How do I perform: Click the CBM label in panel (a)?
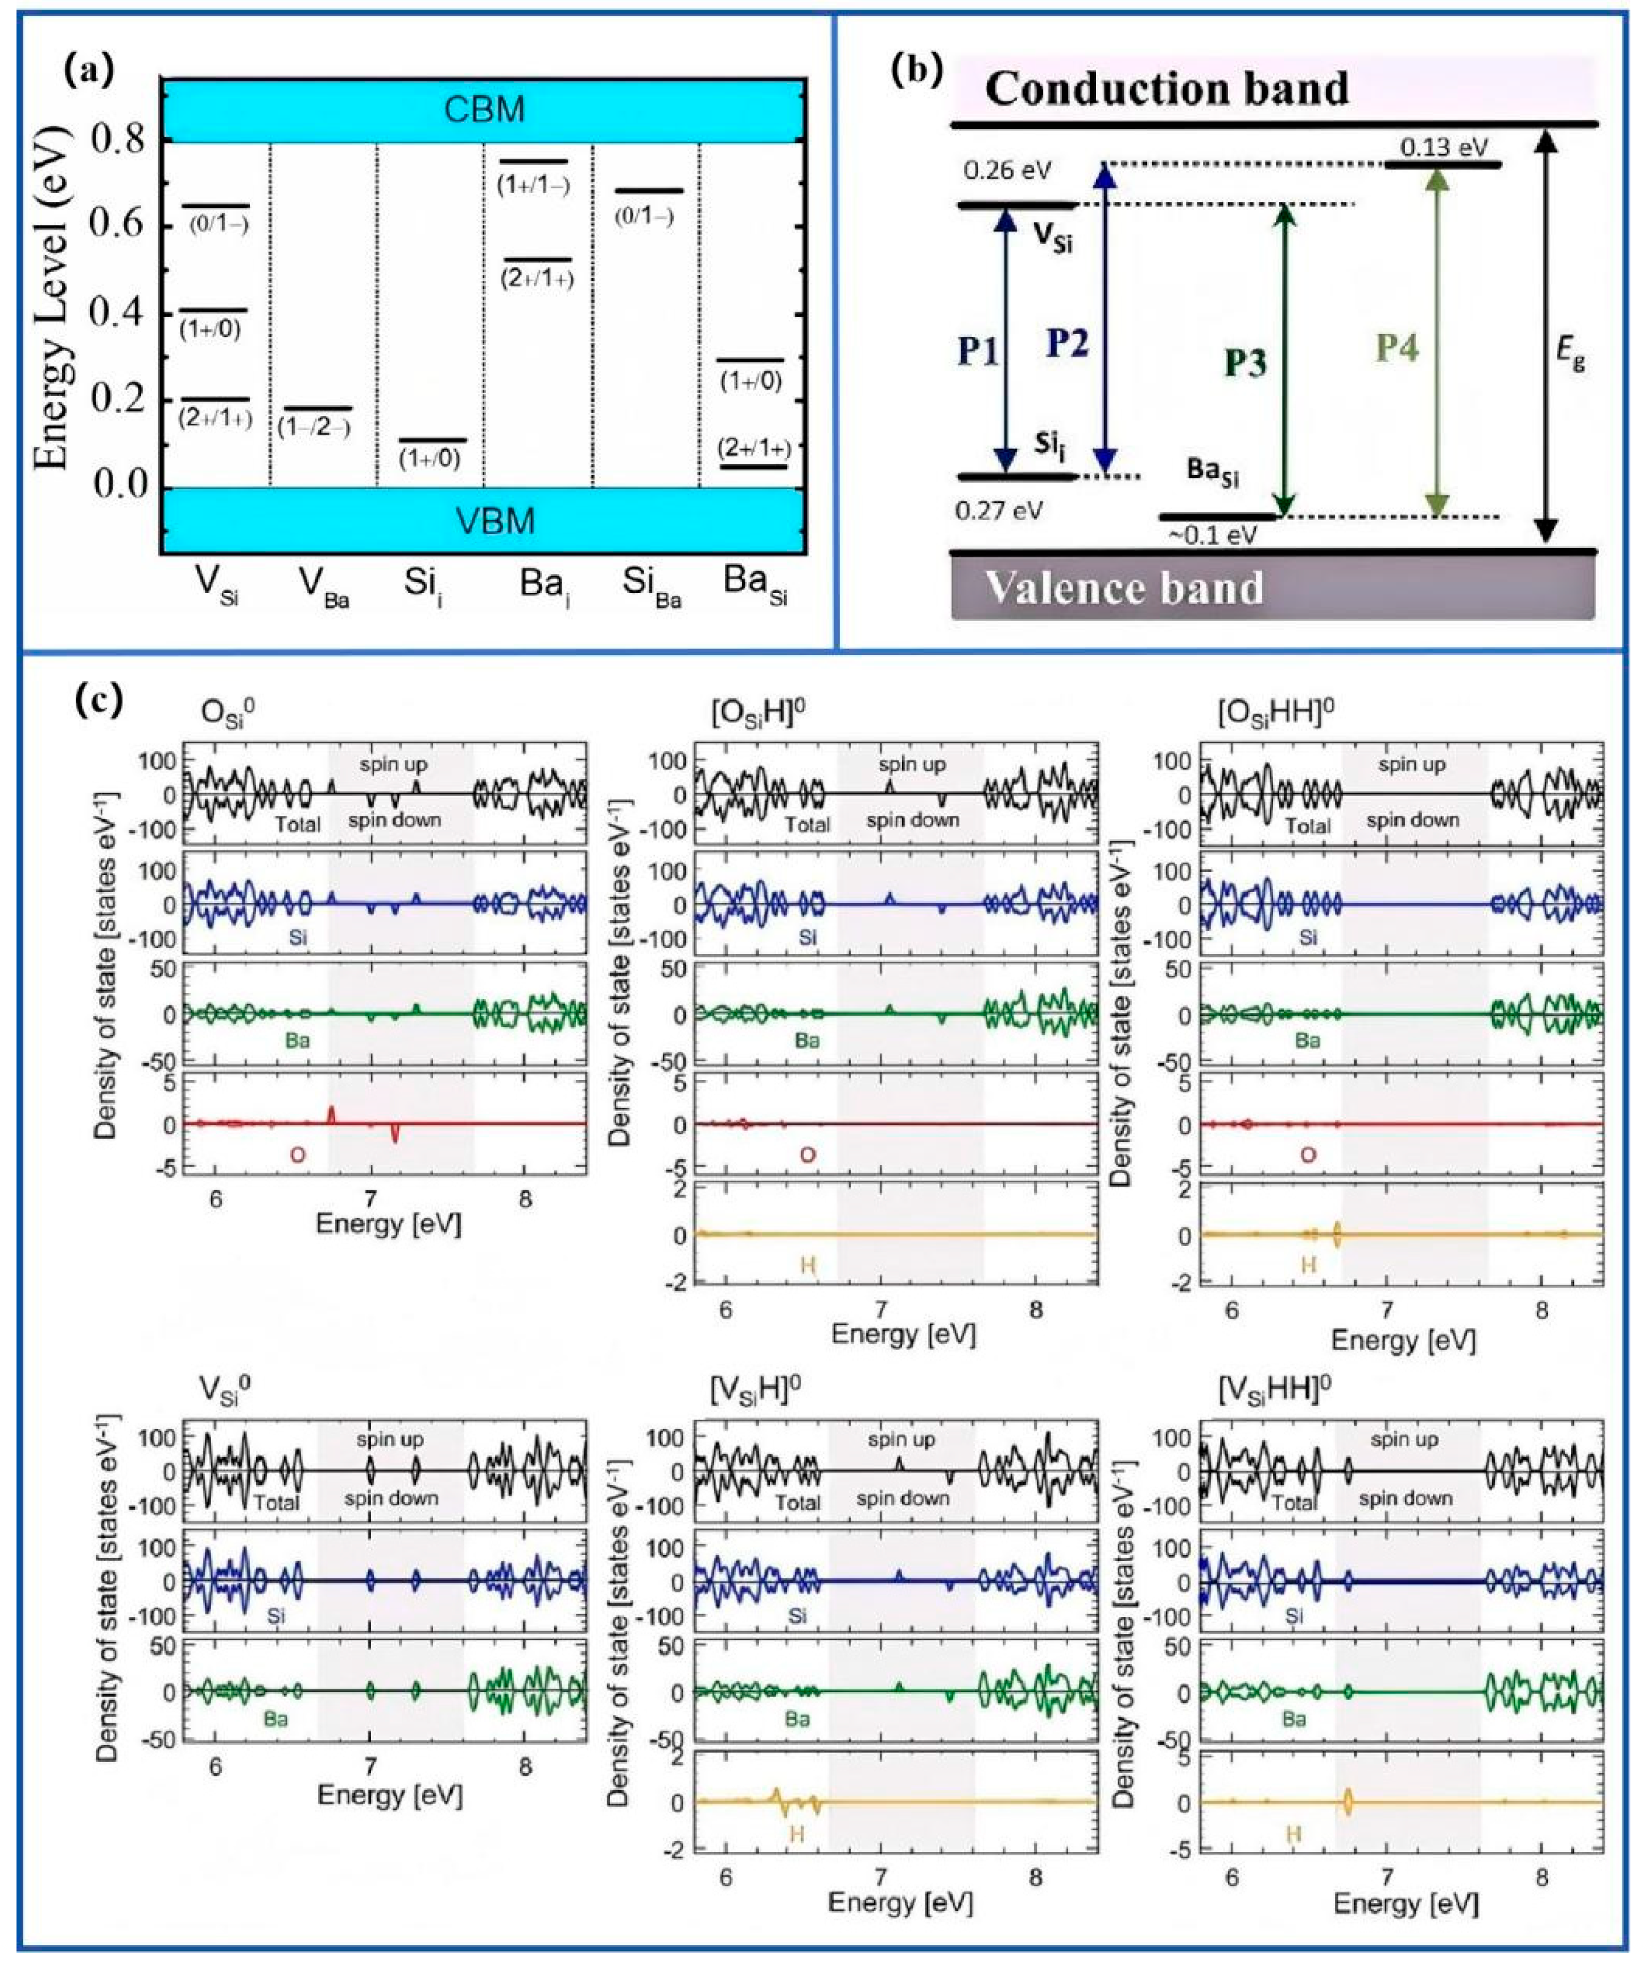pos(484,109)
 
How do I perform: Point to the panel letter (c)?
pos(99,700)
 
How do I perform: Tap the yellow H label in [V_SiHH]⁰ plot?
pos(1293,1835)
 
